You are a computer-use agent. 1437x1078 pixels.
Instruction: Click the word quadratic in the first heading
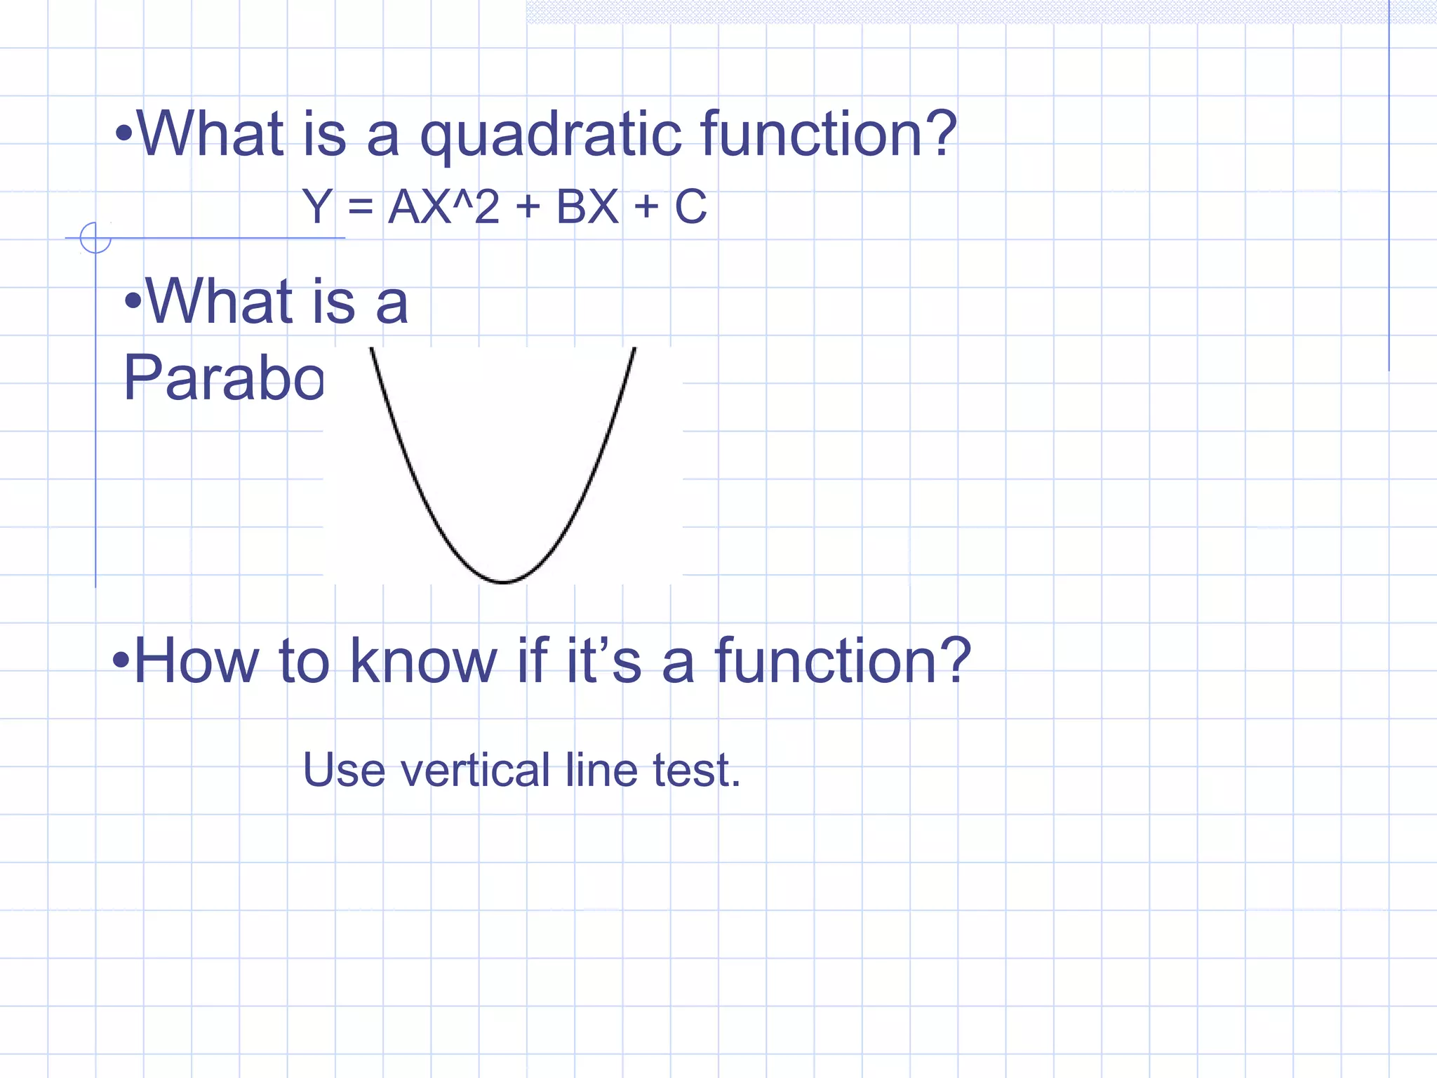[550, 135]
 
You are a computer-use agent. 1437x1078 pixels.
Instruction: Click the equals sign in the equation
[360, 208]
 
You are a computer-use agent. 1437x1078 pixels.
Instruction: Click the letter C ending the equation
[690, 207]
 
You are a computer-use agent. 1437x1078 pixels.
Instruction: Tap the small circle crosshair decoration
[95, 238]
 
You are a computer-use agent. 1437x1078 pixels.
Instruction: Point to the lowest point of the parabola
[503, 582]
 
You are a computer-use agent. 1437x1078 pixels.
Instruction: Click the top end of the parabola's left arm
[372, 350]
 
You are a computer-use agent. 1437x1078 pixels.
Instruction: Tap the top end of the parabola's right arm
[634, 350]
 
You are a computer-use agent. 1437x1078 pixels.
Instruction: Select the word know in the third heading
[423, 661]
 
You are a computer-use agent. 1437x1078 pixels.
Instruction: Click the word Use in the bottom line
[344, 770]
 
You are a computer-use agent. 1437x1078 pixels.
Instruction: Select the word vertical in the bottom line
[475, 770]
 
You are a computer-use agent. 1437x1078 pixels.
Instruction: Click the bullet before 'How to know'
[121, 660]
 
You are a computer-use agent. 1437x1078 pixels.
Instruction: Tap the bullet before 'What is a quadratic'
[124, 133]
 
